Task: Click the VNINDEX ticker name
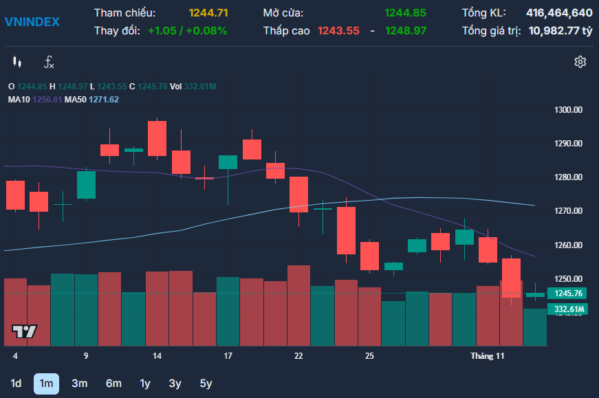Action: click(x=32, y=22)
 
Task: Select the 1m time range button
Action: click(x=46, y=384)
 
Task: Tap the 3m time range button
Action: click(x=80, y=384)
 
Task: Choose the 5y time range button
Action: click(x=206, y=384)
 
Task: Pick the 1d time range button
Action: click(x=16, y=384)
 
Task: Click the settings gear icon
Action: click(x=580, y=62)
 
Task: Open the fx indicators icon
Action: click(x=49, y=62)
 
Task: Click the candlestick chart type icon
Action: click(x=17, y=62)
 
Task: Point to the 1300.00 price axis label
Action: click(x=568, y=110)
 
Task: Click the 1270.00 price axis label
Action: click(x=568, y=211)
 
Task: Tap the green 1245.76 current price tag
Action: click(x=567, y=294)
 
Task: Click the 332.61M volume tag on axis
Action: click(x=567, y=309)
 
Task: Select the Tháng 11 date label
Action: click(x=487, y=356)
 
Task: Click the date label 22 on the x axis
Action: click(x=298, y=356)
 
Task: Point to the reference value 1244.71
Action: click(x=208, y=13)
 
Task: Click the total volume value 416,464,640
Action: click(x=559, y=13)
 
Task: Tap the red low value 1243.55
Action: click(x=338, y=30)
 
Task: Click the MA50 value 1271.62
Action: click(x=104, y=100)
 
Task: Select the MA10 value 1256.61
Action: click(x=47, y=100)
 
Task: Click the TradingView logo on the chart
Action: click(x=25, y=331)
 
